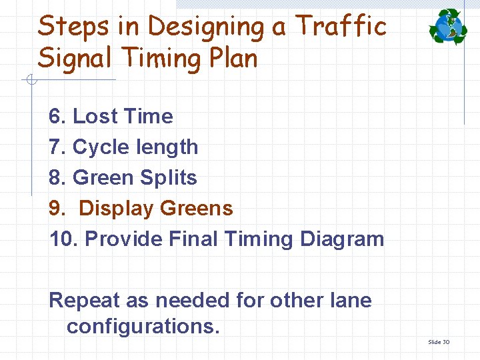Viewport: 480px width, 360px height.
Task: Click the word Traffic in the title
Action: coord(341,26)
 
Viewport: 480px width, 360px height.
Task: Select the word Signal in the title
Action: coord(76,58)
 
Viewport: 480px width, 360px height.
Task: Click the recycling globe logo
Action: coord(448,26)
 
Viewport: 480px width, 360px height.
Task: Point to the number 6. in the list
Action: coord(57,116)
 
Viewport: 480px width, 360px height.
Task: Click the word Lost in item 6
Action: coord(93,116)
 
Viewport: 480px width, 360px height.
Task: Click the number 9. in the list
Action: coord(57,208)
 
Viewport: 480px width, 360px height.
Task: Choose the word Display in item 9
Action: coord(116,208)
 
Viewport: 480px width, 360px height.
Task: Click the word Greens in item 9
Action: coord(196,208)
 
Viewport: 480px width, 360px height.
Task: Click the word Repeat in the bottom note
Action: coord(84,300)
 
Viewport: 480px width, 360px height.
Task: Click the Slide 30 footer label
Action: coord(438,342)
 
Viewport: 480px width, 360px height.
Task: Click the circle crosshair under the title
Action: coord(30,81)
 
